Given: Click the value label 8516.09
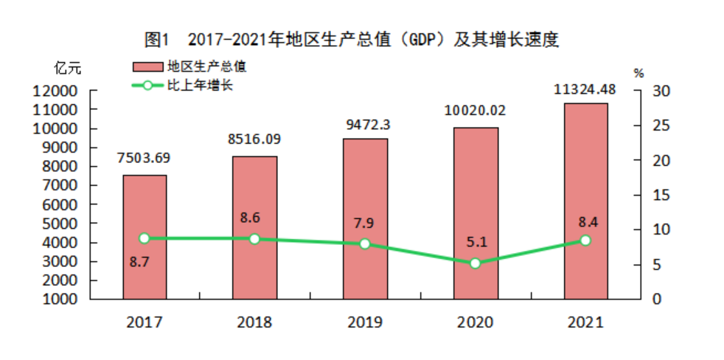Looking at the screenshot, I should coord(254,139).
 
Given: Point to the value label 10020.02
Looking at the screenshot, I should coord(475,111).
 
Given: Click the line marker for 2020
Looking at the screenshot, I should coord(476,263).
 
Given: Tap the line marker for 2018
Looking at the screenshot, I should coord(254,239).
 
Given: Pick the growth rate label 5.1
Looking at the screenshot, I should coord(475,240).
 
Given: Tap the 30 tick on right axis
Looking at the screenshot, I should coord(660,91).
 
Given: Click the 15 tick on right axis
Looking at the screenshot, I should coord(660,195).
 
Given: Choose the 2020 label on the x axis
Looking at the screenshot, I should coord(475,322).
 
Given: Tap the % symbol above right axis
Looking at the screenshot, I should coord(638,73).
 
